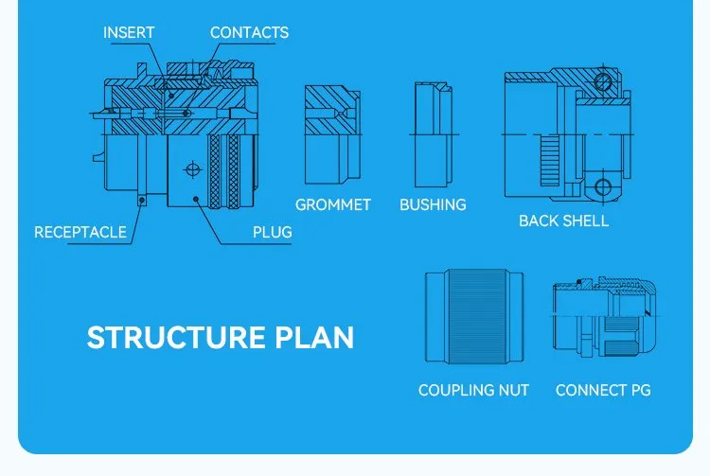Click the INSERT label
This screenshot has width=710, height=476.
click(x=129, y=32)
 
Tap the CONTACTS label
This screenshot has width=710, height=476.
click(x=249, y=32)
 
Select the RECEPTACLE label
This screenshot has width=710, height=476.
click(x=80, y=232)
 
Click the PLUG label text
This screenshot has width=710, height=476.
click(x=272, y=232)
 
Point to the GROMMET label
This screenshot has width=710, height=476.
click(x=333, y=205)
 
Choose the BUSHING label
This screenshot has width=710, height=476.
click(x=433, y=205)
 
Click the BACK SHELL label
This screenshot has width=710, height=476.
click(x=564, y=220)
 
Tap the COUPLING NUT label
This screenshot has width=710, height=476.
click(x=473, y=390)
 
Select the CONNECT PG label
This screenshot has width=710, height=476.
click(x=603, y=390)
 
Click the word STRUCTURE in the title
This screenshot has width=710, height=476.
click(x=176, y=338)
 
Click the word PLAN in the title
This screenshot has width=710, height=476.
click(x=314, y=338)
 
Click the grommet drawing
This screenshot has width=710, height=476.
click(x=333, y=134)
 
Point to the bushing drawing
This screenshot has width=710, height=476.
click(x=434, y=134)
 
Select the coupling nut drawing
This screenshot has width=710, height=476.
click(x=474, y=316)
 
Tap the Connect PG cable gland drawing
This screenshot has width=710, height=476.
click(x=604, y=316)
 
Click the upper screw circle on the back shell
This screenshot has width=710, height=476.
click(x=603, y=82)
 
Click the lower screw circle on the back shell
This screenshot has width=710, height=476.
click(x=603, y=186)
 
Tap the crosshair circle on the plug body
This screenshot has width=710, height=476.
click(x=193, y=169)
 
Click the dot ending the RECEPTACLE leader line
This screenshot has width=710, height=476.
click(x=142, y=200)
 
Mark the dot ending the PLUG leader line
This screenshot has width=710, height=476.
click(x=196, y=199)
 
